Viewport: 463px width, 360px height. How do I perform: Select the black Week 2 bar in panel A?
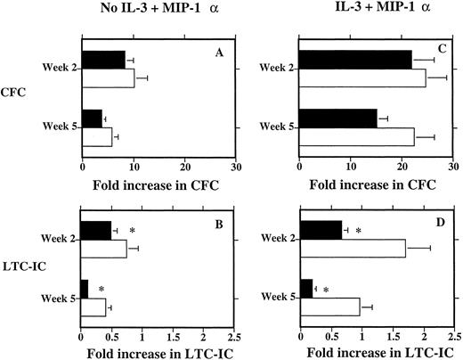click(x=103, y=59)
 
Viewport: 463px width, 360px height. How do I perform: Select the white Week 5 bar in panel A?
click(x=97, y=136)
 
